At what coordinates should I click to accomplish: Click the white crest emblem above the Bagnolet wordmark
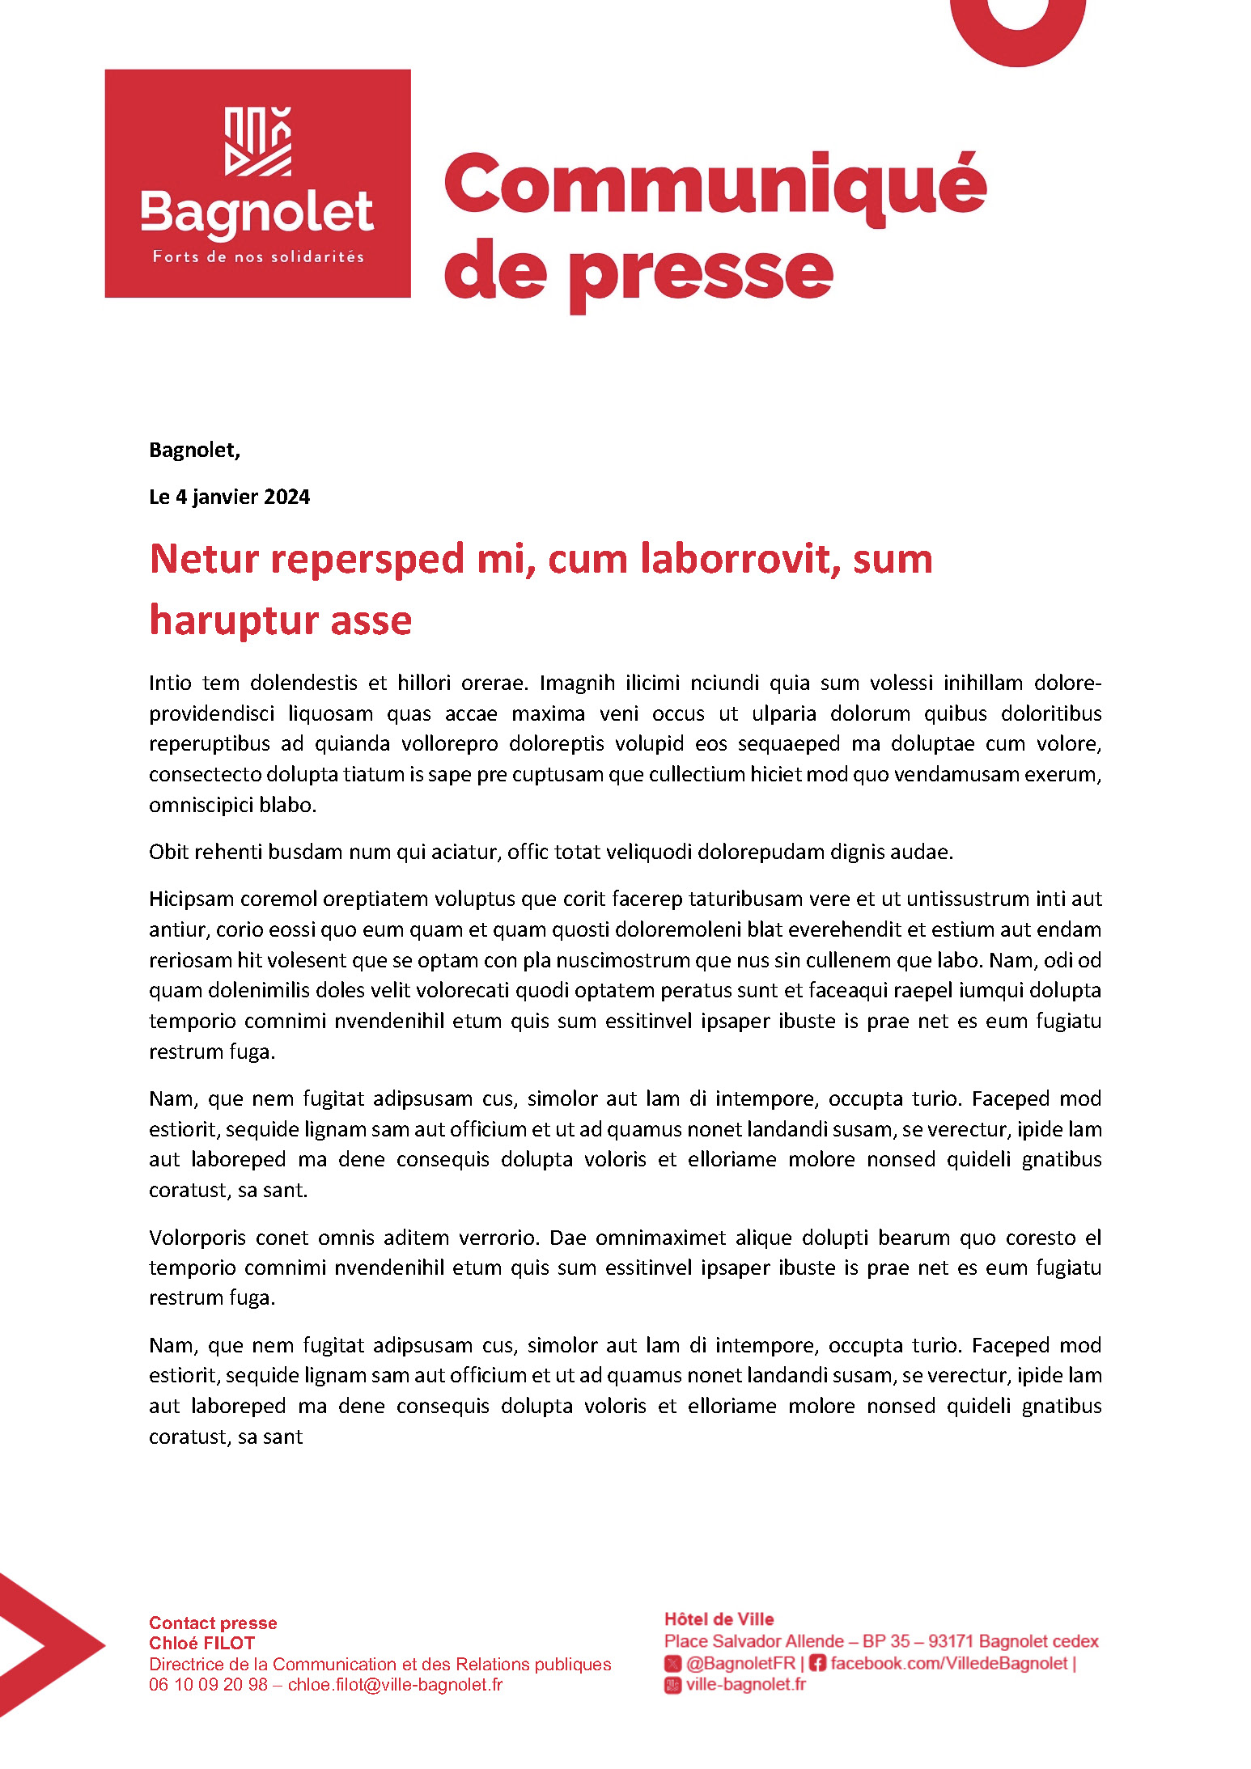tap(257, 142)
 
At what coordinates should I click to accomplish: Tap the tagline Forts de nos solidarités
tap(258, 257)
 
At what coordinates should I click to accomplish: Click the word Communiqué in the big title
tap(715, 185)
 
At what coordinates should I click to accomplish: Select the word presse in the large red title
tap(699, 273)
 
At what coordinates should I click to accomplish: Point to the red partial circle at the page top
tap(1017, 32)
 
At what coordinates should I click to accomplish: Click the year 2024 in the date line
tap(286, 497)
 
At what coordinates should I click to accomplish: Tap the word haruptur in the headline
tap(222, 620)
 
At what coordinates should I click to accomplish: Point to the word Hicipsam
tap(190, 899)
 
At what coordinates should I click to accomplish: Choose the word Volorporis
tap(197, 1238)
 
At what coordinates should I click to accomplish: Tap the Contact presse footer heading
tap(213, 1623)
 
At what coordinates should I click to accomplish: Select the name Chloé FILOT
tap(201, 1643)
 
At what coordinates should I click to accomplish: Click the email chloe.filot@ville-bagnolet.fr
tap(395, 1684)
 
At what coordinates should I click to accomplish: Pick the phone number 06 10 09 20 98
tap(208, 1684)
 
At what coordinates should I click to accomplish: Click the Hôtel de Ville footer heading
tap(719, 1619)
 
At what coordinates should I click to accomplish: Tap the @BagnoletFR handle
tap(740, 1663)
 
